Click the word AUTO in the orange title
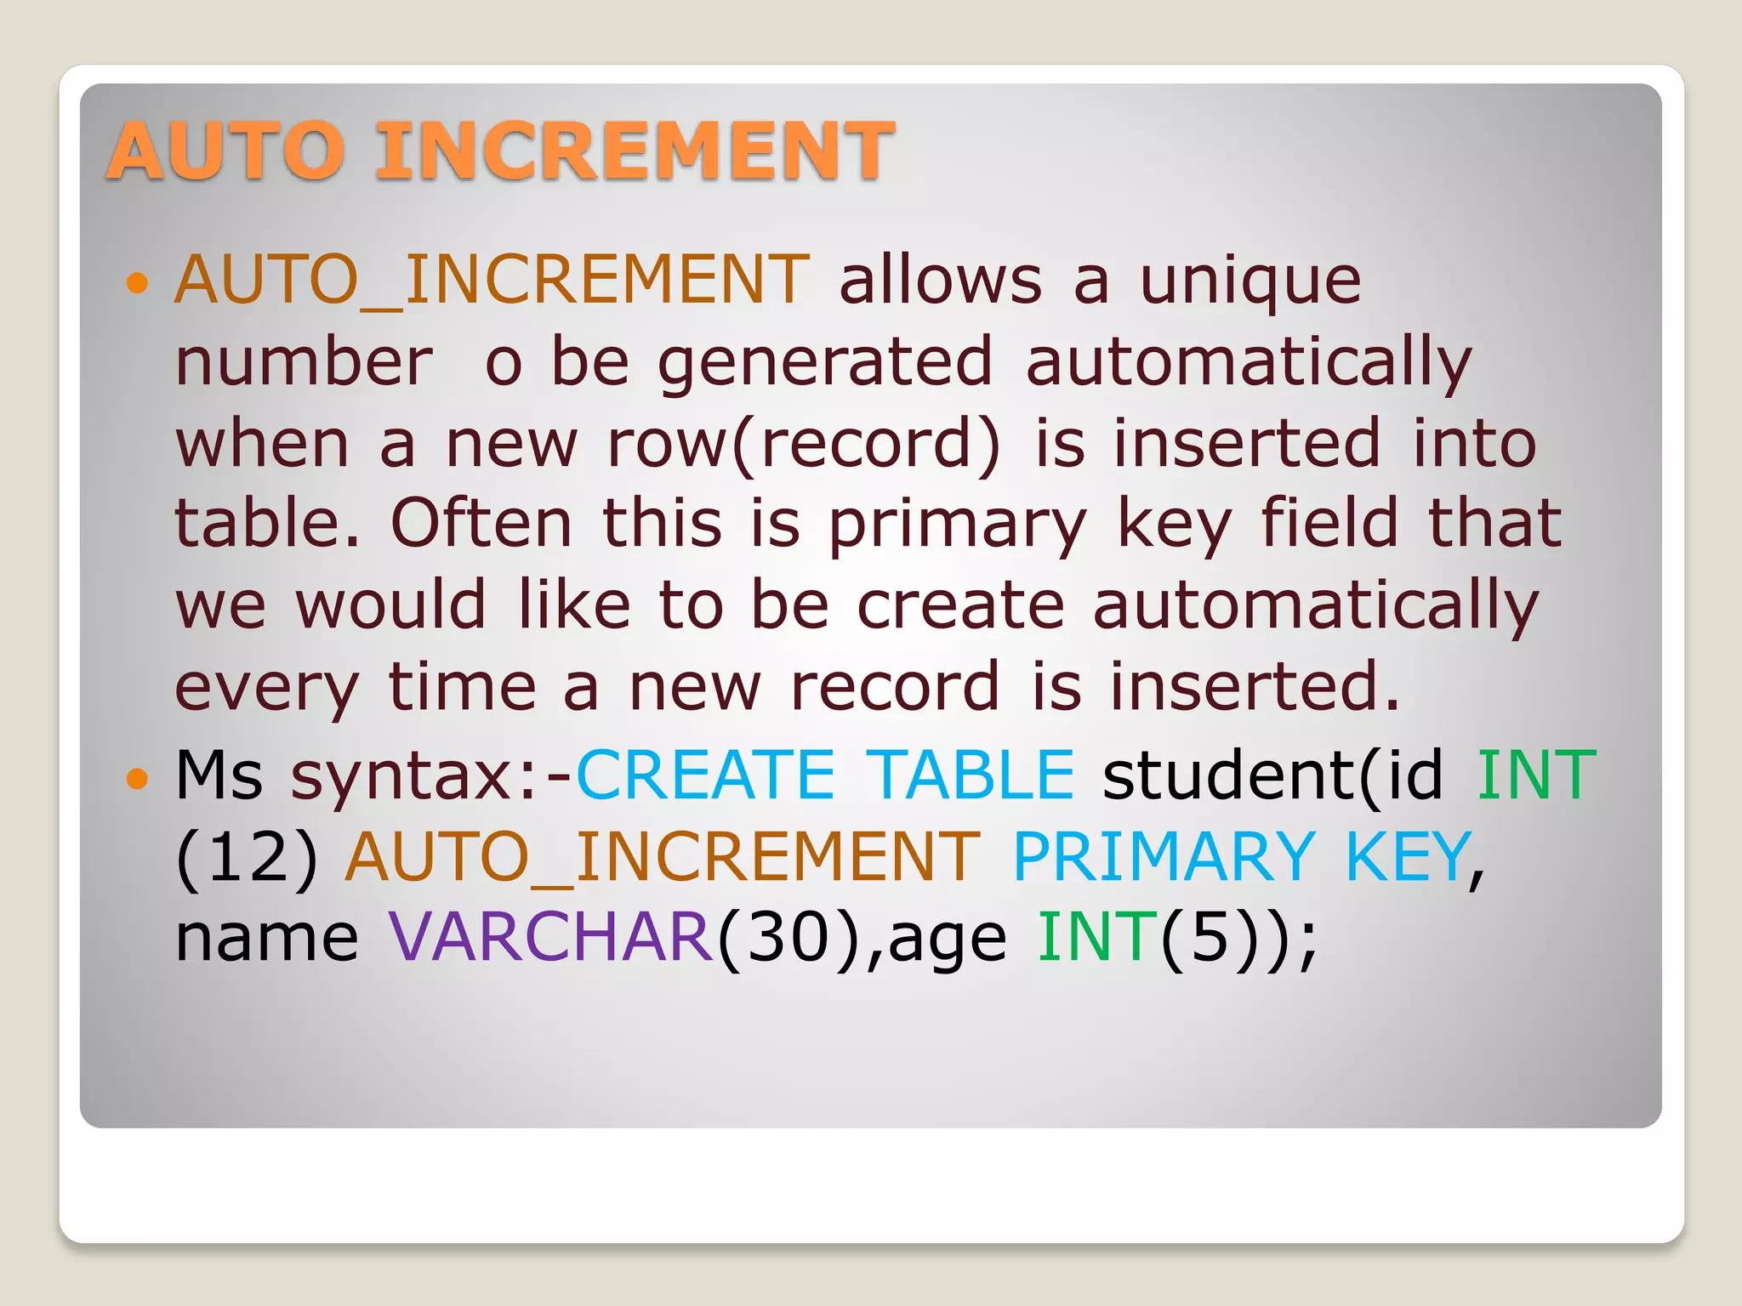pyautogui.click(x=226, y=150)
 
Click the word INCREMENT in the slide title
pyautogui.click(x=634, y=150)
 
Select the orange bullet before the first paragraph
pyautogui.click(x=136, y=281)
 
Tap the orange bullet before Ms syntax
pyautogui.click(x=136, y=777)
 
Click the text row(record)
pyautogui.click(x=804, y=444)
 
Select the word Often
pyautogui.click(x=481, y=524)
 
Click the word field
pyautogui.click(x=1329, y=522)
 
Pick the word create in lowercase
pyautogui.click(x=960, y=605)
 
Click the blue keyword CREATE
pyautogui.click(x=705, y=775)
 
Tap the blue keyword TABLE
pyautogui.click(x=974, y=775)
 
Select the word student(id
pyautogui.click(x=1272, y=775)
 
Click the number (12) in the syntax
pyautogui.click(x=247, y=857)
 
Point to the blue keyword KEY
pyautogui.click(x=1408, y=857)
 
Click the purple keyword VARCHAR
pyautogui.click(x=551, y=938)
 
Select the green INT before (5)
pyautogui.click(x=1097, y=938)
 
